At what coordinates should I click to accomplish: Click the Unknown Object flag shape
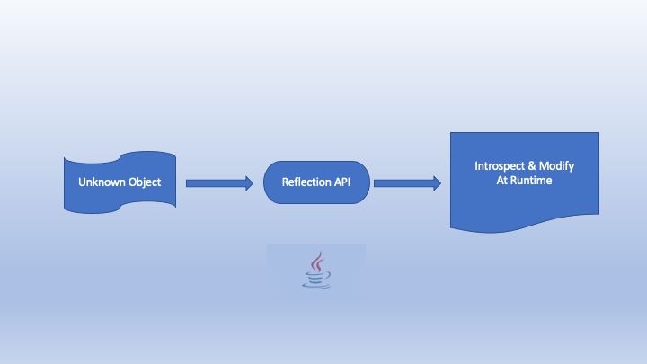[x=119, y=182]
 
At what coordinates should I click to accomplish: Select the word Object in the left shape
[x=144, y=182]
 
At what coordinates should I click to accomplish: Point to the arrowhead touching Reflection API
[x=249, y=183]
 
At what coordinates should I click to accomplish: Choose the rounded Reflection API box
[x=317, y=182]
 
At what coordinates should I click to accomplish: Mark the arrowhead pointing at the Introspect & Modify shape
[x=436, y=183]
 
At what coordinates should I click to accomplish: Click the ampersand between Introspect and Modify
[x=537, y=167]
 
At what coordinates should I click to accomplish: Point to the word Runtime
[x=533, y=181]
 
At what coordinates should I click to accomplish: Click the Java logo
[x=315, y=271]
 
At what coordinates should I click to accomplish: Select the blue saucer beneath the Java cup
[x=315, y=284]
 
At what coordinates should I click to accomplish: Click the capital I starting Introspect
[x=476, y=167]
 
